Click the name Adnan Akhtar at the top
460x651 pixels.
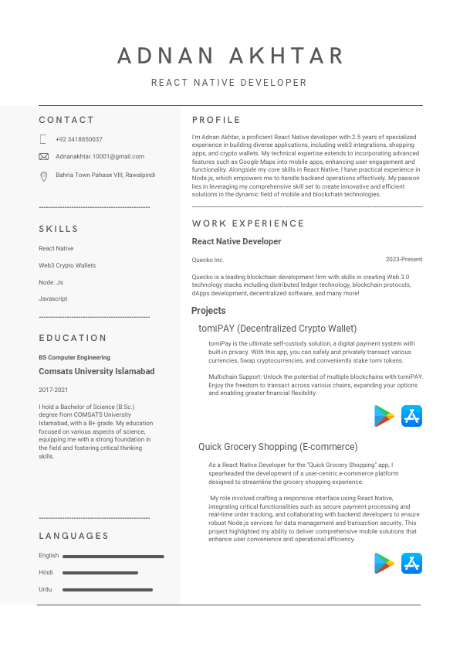[x=230, y=56]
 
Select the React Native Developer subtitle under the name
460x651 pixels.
[x=229, y=83]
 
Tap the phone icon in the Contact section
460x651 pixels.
[x=43, y=139]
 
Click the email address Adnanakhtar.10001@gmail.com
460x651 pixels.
[x=100, y=156]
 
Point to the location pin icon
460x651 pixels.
[x=43, y=176]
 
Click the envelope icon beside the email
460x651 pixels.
[x=43, y=156]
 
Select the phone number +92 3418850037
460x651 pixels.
[x=79, y=139]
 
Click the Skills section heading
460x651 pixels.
[x=59, y=229]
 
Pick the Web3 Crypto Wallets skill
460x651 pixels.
[x=67, y=265]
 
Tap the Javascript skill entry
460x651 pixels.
[x=53, y=298]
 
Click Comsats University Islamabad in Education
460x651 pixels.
[x=96, y=371]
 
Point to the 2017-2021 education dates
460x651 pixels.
[x=53, y=390]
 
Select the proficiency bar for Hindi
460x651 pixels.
[x=100, y=573]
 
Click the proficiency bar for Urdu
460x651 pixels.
[x=107, y=590]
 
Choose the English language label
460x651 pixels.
[x=49, y=556]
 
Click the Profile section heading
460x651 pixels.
[x=216, y=120]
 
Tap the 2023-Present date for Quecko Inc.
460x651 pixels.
[x=404, y=260]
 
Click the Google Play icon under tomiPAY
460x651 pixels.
[x=384, y=416]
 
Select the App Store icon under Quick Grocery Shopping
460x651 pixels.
[x=412, y=563]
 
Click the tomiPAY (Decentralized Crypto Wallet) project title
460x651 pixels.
[x=277, y=329]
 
